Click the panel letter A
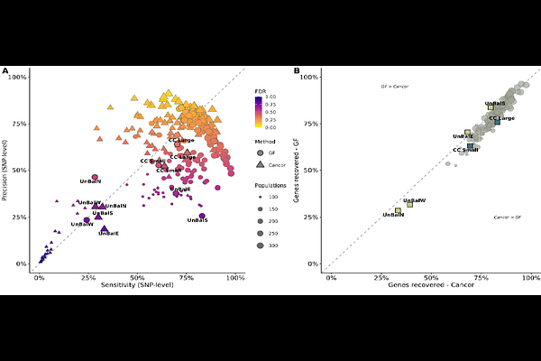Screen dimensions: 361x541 pos(5,71)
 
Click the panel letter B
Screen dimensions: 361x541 pos(297,71)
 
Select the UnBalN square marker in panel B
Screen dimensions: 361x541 pos(398,210)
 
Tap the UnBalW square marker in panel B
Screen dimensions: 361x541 pos(409,204)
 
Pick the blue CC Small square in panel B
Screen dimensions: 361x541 pos(470,146)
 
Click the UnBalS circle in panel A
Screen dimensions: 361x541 pos(202,216)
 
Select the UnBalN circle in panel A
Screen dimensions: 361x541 pos(95,178)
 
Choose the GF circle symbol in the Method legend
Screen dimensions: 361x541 pos(260,153)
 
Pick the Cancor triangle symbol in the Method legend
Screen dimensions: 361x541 pos(260,165)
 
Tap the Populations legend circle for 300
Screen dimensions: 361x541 pos(260,245)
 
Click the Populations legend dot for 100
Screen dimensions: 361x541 pos(260,196)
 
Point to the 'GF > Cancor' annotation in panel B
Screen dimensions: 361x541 pos(395,87)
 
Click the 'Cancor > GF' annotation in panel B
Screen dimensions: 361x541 pos(508,218)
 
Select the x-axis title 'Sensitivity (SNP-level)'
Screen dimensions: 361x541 pos(137,285)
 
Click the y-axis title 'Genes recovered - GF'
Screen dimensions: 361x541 pos(308,170)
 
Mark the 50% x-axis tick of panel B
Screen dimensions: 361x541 pos(432,276)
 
